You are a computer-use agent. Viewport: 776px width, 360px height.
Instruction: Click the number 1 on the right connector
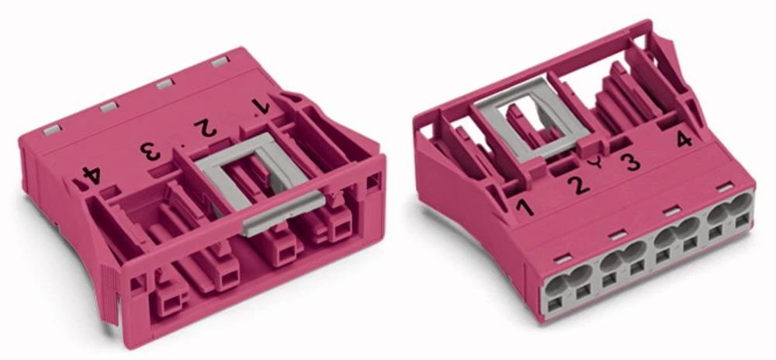525,206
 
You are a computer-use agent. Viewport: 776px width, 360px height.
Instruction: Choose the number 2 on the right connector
578,185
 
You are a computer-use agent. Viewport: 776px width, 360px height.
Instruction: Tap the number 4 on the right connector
684,140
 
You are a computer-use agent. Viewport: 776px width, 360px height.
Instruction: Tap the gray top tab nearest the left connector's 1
220,62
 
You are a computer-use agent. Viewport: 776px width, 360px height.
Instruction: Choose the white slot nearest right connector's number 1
562,257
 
